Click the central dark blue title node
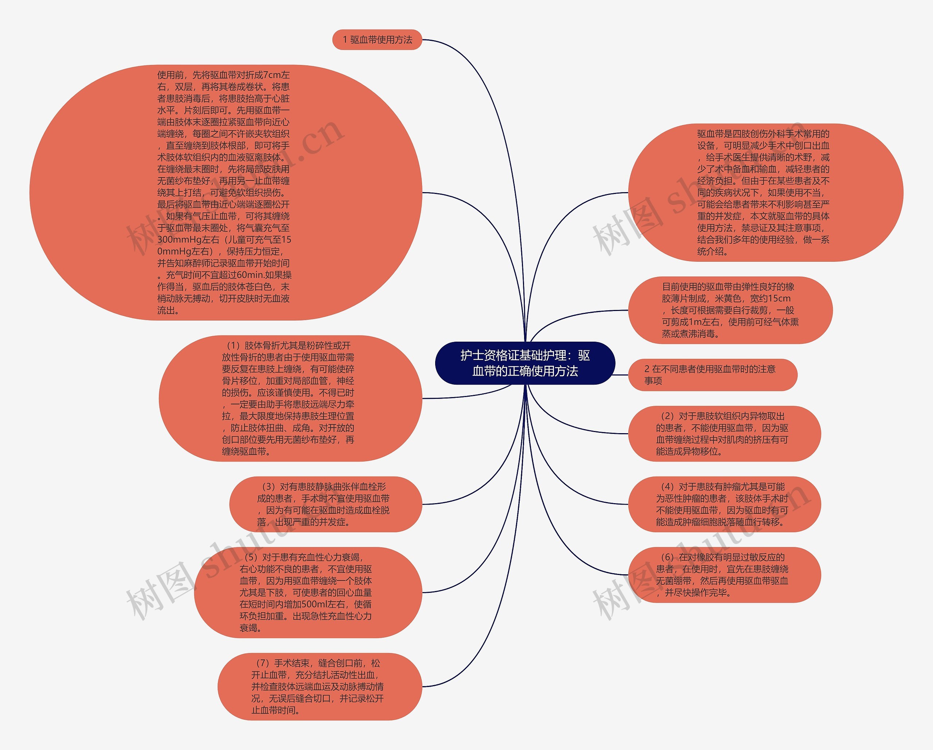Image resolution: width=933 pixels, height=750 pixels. coord(525,363)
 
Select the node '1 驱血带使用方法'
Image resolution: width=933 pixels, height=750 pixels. coord(377,40)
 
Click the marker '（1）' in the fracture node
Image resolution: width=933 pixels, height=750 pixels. coord(233,346)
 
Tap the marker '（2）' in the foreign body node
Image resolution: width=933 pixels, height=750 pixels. coord(667,416)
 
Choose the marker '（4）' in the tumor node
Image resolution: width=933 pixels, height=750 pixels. coord(667,487)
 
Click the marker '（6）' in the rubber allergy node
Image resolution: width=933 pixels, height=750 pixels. coord(667,557)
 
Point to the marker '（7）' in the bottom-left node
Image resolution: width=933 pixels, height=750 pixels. coord(262,663)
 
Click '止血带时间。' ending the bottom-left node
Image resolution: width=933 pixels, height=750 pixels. coord(276,711)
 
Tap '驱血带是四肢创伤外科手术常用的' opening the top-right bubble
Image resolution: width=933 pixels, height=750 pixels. coord(763,134)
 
